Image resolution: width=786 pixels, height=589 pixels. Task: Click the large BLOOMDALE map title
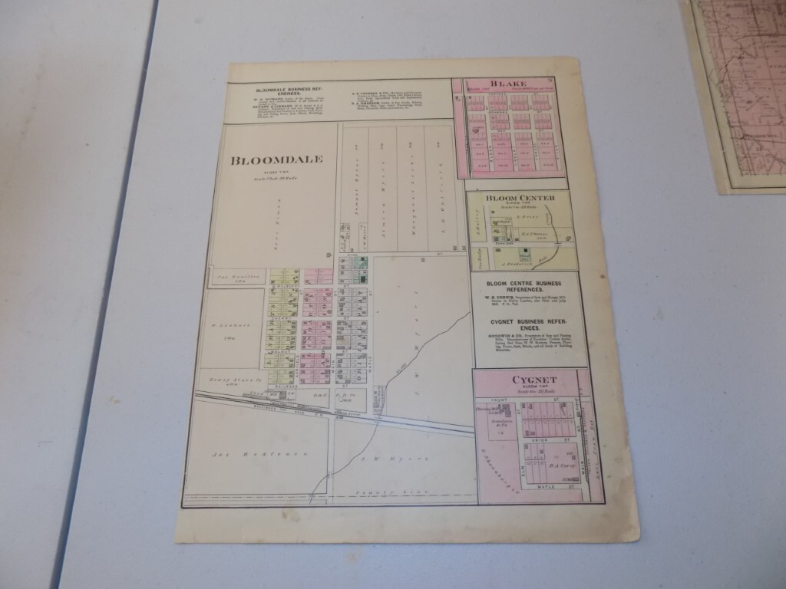pyautogui.click(x=276, y=160)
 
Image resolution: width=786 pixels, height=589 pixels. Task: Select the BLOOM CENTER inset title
pyautogui.click(x=520, y=198)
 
